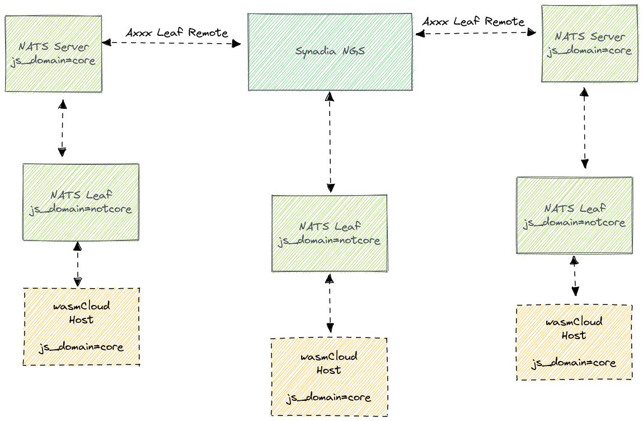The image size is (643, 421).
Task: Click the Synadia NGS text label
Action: click(x=330, y=51)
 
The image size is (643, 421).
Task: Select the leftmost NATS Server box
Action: click(x=54, y=54)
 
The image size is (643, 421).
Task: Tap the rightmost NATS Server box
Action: click(x=589, y=43)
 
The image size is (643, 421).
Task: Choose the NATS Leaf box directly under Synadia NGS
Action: click(x=329, y=233)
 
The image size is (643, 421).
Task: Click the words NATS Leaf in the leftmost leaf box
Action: click(x=81, y=196)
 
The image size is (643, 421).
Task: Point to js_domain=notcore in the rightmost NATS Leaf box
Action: click(x=574, y=223)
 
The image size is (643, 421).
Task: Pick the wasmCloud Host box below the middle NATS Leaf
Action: click(x=328, y=377)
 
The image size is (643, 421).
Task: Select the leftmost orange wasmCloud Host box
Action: click(x=81, y=326)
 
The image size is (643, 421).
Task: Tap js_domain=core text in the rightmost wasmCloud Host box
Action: click(x=574, y=363)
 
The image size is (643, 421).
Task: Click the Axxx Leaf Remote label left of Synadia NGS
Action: click(x=177, y=33)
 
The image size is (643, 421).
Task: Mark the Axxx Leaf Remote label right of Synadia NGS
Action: click(x=473, y=22)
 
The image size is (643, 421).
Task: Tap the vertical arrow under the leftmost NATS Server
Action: click(x=62, y=128)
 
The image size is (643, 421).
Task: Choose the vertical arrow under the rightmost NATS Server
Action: click(x=584, y=128)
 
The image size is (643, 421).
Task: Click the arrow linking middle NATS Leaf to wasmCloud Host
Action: click(x=330, y=303)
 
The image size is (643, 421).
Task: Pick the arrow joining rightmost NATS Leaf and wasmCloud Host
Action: click(x=574, y=276)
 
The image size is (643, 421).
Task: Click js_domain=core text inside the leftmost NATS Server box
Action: click(x=54, y=61)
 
